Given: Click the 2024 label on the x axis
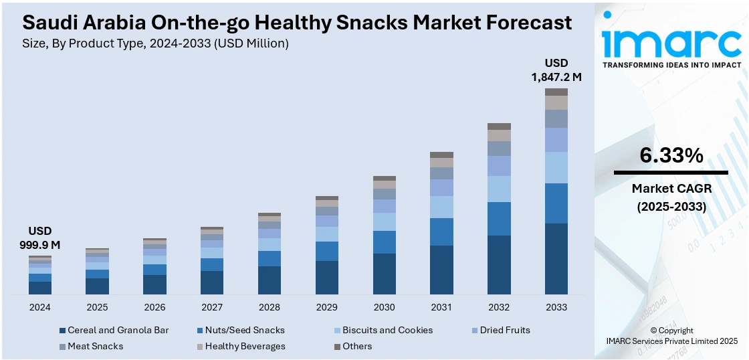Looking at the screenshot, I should click(40, 307).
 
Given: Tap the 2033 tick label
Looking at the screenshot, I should click(556, 307).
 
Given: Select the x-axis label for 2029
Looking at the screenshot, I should click(326, 307).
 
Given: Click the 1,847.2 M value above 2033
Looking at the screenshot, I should click(556, 77).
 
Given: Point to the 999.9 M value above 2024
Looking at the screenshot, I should click(40, 245).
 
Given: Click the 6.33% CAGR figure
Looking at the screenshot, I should click(671, 155).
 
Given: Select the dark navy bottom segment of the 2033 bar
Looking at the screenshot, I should click(556, 259).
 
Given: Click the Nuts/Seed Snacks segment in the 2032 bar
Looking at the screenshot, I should click(499, 218).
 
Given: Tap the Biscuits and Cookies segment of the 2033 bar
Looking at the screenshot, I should click(556, 167).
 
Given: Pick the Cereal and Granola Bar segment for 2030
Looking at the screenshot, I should click(384, 274).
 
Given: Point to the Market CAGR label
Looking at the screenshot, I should click(671, 189).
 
